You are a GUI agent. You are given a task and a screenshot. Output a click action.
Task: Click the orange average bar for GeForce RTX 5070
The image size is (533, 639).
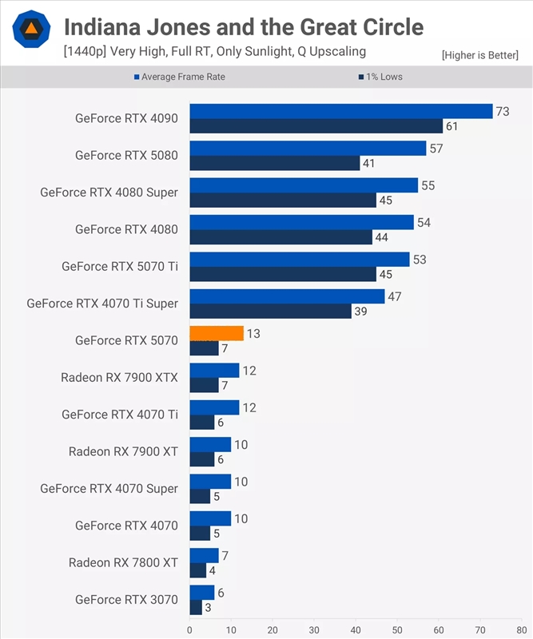pos(217,333)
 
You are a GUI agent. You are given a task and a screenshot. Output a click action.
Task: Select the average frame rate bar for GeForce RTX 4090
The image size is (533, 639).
pos(341,111)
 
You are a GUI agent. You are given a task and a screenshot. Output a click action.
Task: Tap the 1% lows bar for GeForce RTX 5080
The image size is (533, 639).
pos(275,163)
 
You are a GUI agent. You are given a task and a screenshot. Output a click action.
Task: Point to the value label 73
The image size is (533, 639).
pos(503,111)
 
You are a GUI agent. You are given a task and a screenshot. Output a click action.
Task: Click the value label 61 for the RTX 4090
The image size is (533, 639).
pos(451,126)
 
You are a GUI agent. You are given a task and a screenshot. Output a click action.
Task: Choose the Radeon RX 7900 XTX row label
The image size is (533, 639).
pos(119,377)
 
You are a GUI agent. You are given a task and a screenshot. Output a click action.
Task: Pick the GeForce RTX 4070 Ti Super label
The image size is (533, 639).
pos(102,304)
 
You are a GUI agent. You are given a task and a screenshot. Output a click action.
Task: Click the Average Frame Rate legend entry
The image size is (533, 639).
pos(180,77)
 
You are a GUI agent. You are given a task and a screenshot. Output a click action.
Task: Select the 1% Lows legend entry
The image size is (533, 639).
pos(380,77)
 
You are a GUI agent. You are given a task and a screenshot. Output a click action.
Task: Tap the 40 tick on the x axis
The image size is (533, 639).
pos(356,630)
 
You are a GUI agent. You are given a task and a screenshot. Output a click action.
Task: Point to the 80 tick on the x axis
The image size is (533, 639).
pos(522,630)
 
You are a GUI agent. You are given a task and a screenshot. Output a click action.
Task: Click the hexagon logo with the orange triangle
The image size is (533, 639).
pos(31,29)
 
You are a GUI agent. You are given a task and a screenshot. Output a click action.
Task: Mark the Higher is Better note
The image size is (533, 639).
pos(480,55)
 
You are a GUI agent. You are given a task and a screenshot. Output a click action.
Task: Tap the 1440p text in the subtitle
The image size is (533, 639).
pos(85,52)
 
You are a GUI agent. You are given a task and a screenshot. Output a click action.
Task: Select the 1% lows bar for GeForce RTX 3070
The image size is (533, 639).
pos(196,608)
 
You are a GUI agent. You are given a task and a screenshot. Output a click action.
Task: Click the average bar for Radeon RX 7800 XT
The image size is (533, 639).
pos(205,555)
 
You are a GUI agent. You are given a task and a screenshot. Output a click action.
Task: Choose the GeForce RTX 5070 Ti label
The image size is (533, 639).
pos(120,267)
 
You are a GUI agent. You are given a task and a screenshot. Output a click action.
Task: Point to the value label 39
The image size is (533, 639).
pos(360,312)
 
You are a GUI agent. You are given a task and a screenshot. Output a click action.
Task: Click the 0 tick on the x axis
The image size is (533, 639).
pos(189,630)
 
